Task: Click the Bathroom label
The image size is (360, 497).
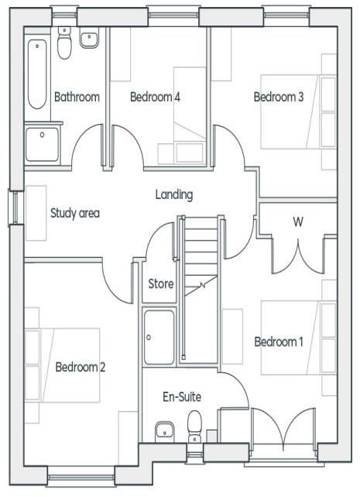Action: [x=77, y=98]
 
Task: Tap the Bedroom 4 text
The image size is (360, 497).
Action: [x=155, y=98]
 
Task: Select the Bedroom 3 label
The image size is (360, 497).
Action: [x=279, y=98]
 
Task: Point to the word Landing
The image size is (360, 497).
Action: [x=173, y=195]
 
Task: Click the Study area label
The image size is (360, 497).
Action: [x=75, y=214]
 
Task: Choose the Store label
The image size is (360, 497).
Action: [x=161, y=284]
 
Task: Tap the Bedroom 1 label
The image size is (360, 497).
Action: [x=279, y=342]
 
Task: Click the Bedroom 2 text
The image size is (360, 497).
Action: [x=81, y=367]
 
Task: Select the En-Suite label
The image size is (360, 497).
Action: [x=182, y=397]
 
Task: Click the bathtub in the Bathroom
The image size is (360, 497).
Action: [x=36, y=74]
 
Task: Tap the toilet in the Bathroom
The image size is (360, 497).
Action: [x=64, y=45]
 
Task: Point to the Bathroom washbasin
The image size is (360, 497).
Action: [x=90, y=37]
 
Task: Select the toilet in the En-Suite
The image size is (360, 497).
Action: [x=195, y=424]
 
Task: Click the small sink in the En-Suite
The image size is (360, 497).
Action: [x=163, y=430]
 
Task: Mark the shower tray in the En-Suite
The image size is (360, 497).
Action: [x=159, y=337]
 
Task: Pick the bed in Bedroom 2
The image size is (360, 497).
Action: [x=63, y=365]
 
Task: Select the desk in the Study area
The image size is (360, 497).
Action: [x=36, y=213]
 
